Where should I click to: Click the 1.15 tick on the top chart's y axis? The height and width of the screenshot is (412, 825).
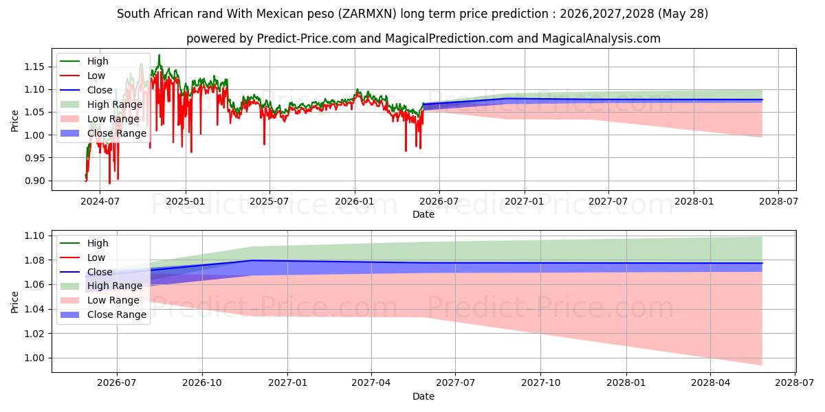point(34,67)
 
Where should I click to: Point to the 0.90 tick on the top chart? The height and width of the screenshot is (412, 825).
point(34,181)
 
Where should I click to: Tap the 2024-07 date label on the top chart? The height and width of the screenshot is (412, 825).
point(100,202)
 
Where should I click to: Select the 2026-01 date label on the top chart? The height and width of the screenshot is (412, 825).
point(355,202)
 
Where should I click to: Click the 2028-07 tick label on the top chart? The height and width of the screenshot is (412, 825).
point(778,202)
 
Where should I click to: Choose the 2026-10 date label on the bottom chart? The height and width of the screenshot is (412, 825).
point(202,383)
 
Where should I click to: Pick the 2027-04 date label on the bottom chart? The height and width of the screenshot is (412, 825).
point(371,383)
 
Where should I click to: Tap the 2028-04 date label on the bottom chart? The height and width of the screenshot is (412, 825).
point(710,383)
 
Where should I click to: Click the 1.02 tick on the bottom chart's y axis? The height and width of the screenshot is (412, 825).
point(34,334)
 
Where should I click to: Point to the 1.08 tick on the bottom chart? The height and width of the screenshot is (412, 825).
point(34,260)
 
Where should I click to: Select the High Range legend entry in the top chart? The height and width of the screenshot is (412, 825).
point(101,104)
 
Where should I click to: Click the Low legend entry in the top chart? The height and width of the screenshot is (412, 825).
point(82,76)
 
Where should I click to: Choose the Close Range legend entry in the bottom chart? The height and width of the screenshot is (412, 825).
point(102,315)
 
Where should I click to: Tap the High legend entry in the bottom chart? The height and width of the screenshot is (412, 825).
point(84,243)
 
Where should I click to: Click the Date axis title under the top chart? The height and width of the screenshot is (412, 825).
point(423,214)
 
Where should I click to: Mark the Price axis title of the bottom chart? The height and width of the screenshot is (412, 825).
point(14,302)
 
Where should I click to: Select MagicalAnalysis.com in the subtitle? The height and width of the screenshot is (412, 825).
point(601,38)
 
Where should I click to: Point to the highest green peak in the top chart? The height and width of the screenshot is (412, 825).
point(159,55)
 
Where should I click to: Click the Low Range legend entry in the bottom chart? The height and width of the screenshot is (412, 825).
point(100,301)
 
